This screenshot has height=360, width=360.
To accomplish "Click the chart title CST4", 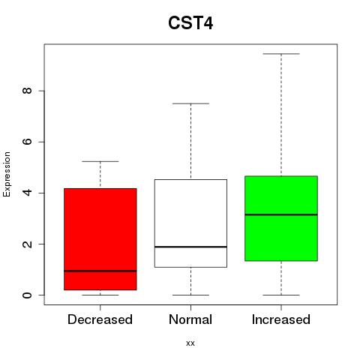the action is click(x=190, y=23).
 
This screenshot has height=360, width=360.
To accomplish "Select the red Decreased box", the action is click(x=100, y=239).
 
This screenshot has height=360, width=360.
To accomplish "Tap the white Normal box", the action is click(x=190, y=223).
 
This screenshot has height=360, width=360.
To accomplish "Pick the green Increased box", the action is click(x=281, y=218).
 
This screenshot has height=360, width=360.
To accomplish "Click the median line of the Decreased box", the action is click(x=100, y=271).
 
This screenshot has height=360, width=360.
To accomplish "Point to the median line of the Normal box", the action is click(x=190, y=247).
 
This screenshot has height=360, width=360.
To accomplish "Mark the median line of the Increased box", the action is click(x=281, y=214).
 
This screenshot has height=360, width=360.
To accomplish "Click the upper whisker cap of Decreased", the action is click(x=100, y=161).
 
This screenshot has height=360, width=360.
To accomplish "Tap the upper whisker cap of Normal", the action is click(x=190, y=103).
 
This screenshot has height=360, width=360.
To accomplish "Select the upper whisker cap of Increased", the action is click(x=281, y=54).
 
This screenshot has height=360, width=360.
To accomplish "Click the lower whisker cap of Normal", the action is click(x=190, y=295).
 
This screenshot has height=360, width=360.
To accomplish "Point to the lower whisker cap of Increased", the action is click(x=281, y=295).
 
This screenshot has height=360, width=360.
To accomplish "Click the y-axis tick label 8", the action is click(x=27, y=91).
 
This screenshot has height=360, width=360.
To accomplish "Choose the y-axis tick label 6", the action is click(x=27, y=142).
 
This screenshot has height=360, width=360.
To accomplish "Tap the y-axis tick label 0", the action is click(x=27, y=295).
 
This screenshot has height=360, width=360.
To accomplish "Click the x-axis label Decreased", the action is click(x=100, y=319).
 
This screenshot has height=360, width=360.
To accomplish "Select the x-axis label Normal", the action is click(x=190, y=319).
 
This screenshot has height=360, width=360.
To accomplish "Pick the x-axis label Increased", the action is click(x=281, y=319).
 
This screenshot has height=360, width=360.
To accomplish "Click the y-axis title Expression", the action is click(x=7, y=174).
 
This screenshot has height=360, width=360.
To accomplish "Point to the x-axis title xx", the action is click(x=190, y=343).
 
